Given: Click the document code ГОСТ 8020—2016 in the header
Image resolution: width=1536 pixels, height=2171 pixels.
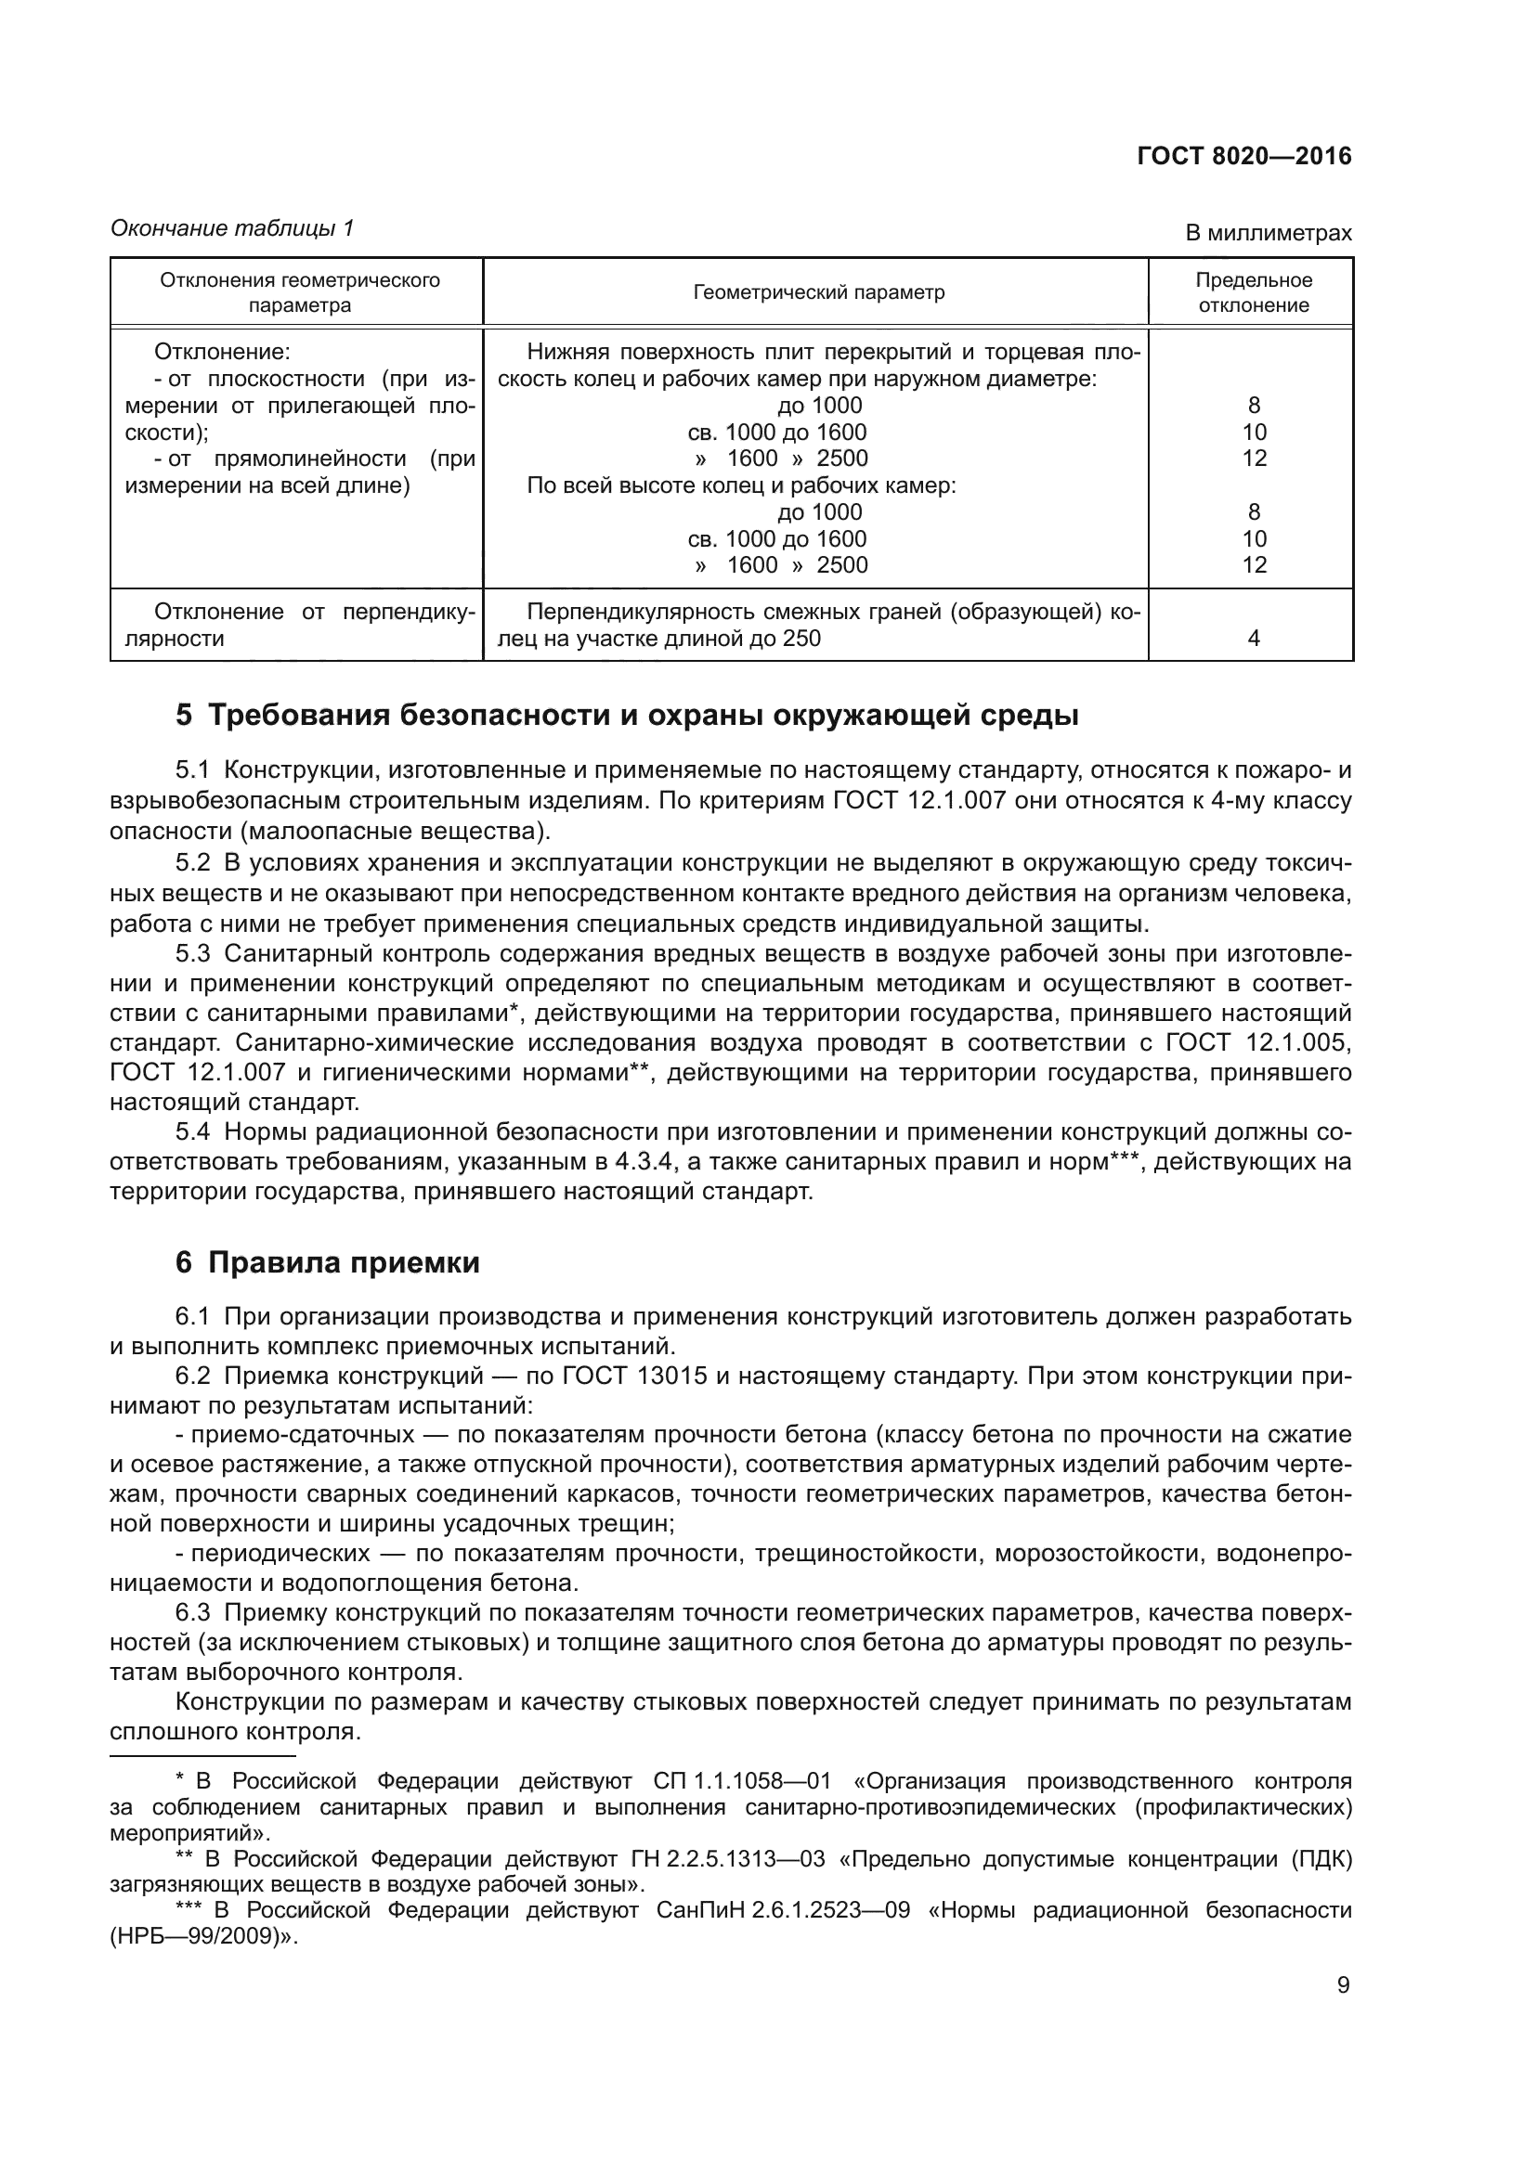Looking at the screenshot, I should coord(1243,157).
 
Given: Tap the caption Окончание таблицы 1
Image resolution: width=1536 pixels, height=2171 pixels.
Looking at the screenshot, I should coord(232,228).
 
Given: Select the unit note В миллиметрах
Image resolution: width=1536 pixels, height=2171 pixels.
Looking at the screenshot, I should coord(1269,233).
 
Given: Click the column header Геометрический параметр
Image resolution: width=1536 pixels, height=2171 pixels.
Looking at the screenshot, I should coord(818,292).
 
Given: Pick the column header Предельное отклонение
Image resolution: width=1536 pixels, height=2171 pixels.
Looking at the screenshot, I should coord(1253,292).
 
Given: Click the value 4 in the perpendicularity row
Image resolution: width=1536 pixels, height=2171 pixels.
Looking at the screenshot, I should coord(1253,639).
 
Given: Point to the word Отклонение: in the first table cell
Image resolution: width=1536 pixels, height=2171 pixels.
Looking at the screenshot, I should coord(222,353).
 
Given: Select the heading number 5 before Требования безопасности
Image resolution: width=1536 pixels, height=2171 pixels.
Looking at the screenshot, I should coord(184,715).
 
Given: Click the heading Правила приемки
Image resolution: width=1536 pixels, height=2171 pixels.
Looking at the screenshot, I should coord(344,1262).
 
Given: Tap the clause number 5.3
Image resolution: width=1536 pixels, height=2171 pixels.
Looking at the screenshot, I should coord(193,953).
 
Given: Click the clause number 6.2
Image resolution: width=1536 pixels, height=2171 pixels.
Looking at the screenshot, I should coord(193,1375).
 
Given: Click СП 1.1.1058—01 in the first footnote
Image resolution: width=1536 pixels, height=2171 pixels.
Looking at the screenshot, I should coord(741,1782).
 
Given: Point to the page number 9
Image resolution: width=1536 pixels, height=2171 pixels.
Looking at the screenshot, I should coord(1343,1985).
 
